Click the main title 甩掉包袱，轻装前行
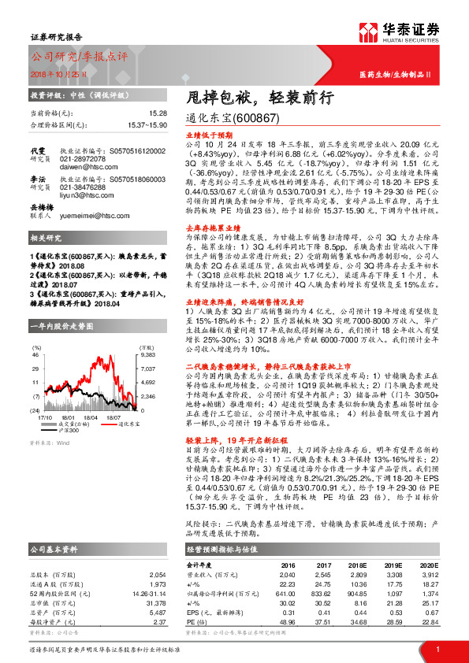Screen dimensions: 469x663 pyautogui.click(x=245, y=97)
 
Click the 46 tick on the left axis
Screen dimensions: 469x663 pyautogui.click(x=35, y=356)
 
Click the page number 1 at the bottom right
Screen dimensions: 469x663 pyautogui.click(x=436, y=649)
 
